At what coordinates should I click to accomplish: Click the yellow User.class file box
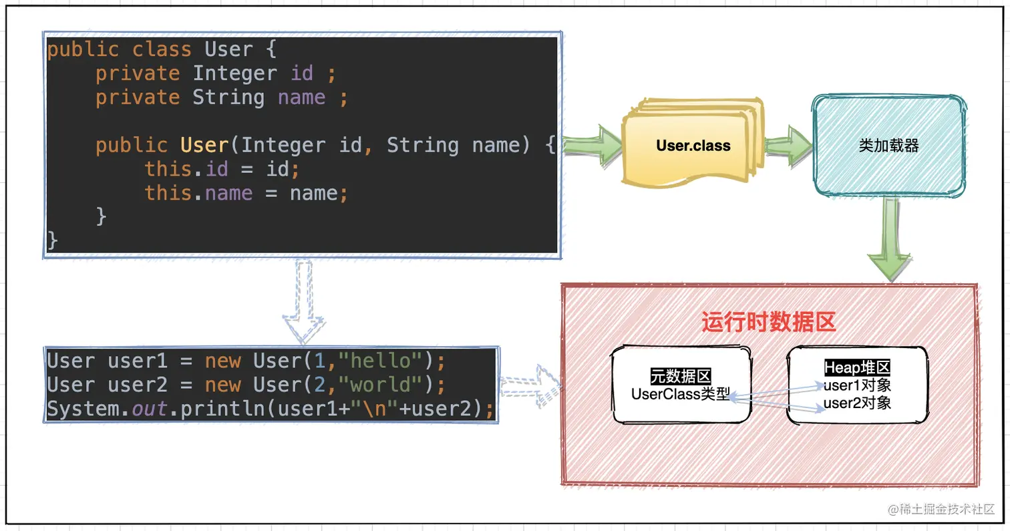coord(693,145)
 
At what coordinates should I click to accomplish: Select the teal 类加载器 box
coord(888,146)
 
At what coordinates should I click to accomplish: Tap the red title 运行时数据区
coord(769,323)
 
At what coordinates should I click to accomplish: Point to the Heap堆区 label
coord(857,368)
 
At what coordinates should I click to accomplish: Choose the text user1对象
coord(857,385)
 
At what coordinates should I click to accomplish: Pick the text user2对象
coord(857,403)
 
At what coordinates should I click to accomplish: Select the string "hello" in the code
coord(387,361)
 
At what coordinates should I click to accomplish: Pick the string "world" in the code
coord(387,385)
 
